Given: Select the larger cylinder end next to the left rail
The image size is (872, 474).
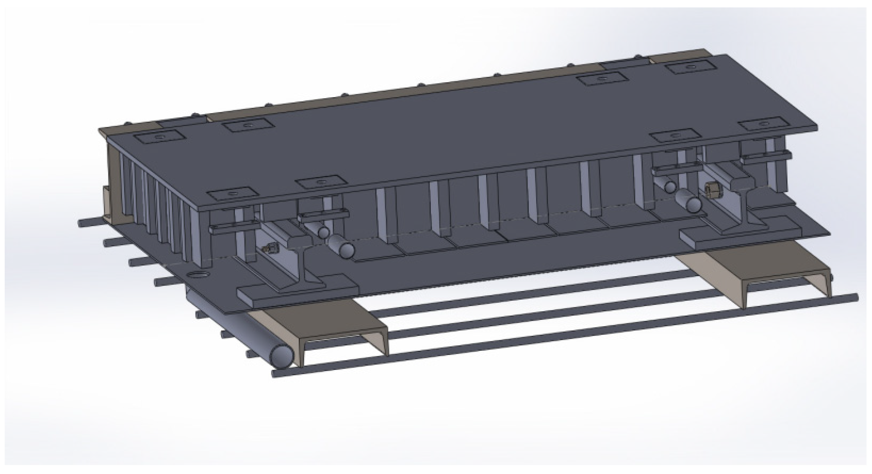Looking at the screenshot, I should (x=346, y=250).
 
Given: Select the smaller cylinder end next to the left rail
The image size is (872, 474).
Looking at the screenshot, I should (x=323, y=233).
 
